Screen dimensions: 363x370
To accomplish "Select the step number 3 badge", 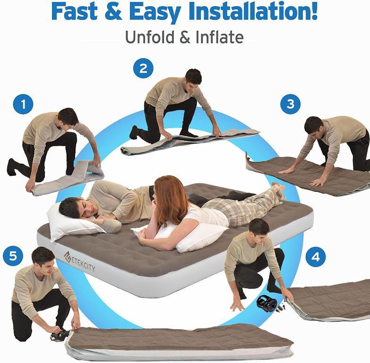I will tap(290, 104).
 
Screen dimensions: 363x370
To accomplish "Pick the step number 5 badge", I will tap(13, 256).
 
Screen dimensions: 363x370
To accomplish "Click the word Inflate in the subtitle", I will tap(220, 37).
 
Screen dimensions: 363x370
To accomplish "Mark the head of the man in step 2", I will tap(192, 78).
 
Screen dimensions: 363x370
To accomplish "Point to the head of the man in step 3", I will tap(312, 126).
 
